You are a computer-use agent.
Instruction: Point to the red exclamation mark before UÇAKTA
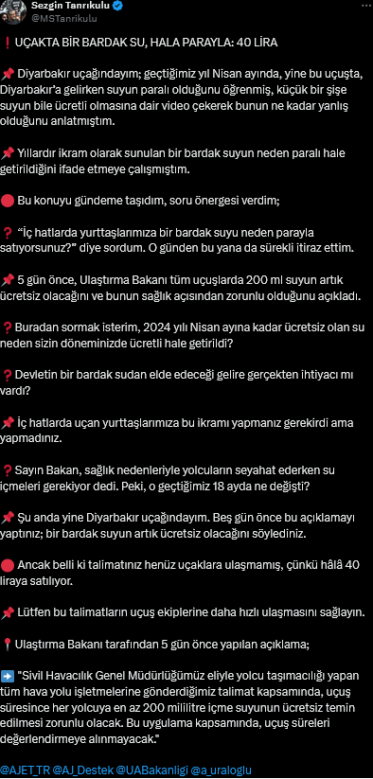click(8, 44)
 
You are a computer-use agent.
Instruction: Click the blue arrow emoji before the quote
click(9, 676)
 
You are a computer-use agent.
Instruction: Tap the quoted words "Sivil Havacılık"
click(70, 676)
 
